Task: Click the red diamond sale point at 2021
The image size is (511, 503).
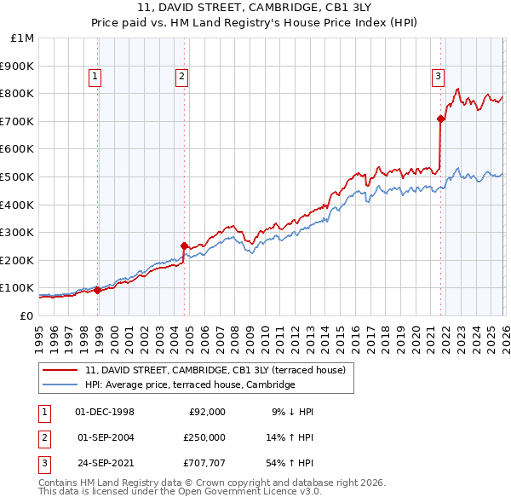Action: [x=440, y=119]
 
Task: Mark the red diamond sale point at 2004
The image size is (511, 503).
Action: [x=185, y=246]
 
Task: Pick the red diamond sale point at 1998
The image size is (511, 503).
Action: [x=97, y=290]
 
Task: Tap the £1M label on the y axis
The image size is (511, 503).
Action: [x=23, y=38]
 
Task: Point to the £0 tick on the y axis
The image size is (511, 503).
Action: [x=26, y=315]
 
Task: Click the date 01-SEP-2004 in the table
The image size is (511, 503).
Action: [x=105, y=437]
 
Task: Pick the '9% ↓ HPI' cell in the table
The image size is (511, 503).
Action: [x=292, y=412]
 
